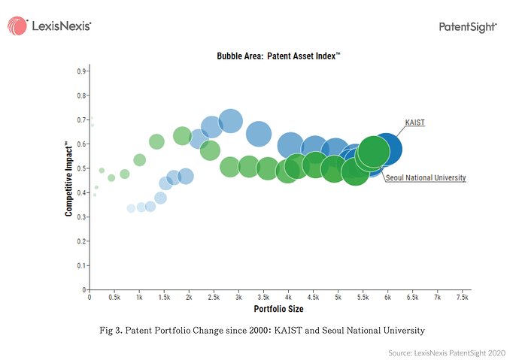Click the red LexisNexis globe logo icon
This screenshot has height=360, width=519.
(x=17, y=26)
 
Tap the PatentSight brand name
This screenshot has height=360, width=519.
(x=468, y=27)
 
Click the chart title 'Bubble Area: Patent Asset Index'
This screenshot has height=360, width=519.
(x=278, y=56)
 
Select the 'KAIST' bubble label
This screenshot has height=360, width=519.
(x=414, y=123)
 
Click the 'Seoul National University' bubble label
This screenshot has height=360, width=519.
(x=426, y=178)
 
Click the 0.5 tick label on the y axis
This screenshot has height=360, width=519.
(x=81, y=168)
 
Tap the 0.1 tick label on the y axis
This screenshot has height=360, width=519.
(x=81, y=266)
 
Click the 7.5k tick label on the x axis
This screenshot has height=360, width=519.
(x=463, y=297)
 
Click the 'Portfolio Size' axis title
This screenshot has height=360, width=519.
(x=279, y=309)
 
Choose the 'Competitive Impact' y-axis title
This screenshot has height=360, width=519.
(x=68, y=179)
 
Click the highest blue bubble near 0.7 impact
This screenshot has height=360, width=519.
(x=230, y=121)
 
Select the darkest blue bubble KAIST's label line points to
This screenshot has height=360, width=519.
(x=386, y=149)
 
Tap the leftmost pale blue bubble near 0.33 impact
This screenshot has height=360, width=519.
(x=131, y=208)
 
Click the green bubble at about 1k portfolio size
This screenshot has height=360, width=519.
(x=140, y=160)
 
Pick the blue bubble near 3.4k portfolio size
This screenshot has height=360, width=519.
(x=259, y=134)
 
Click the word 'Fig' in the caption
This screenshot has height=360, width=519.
(x=106, y=331)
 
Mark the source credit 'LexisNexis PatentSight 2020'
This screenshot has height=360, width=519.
(x=460, y=352)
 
